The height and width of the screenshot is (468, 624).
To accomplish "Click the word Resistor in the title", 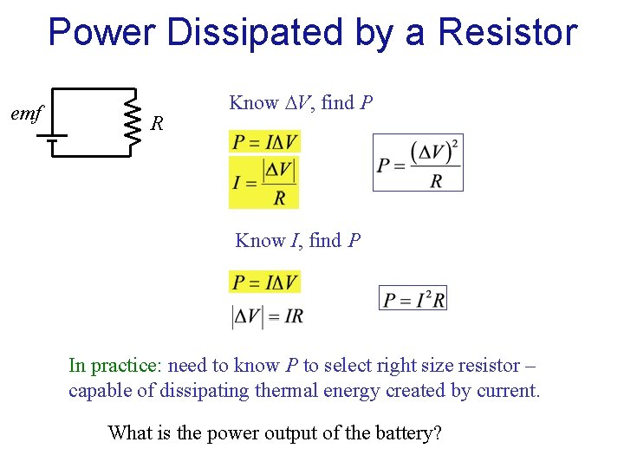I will (507, 33).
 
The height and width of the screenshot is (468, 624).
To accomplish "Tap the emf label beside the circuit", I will (27, 113).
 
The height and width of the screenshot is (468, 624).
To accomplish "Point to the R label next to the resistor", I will (157, 124).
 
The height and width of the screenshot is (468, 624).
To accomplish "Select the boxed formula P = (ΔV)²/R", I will (418, 162).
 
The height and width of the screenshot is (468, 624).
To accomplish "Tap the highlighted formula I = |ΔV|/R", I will (264, 182).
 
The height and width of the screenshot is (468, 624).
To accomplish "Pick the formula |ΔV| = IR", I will (267, 316).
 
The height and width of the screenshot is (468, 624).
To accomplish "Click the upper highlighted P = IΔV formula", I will (264, 141).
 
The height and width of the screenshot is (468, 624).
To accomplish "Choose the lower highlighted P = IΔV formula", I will (264, 282).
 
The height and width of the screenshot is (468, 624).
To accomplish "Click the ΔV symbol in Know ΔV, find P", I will (297, 103).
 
